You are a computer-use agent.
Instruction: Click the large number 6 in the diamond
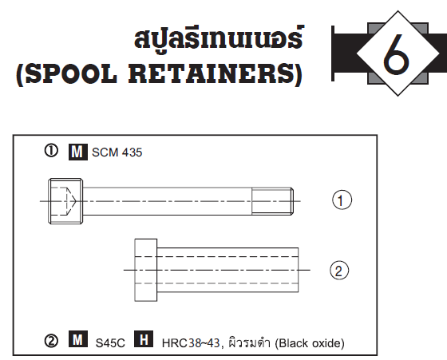click(396, 53)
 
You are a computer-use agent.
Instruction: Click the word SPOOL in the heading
click(71, 73)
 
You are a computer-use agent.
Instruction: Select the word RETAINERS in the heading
click(212, 73)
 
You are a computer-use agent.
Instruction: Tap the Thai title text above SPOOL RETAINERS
click(219, 38)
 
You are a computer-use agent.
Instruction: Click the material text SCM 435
click(117, 152)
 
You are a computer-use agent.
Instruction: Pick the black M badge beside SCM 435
click(78, 152)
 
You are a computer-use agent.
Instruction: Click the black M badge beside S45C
click(78, 339)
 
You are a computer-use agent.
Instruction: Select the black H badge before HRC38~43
click(144, 339)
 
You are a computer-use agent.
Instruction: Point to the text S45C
click(110, 343)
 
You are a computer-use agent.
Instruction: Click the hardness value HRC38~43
click(191, 343)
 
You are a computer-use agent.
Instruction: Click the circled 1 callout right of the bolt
click(342, 200)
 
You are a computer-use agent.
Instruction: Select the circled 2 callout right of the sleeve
click(339, 271)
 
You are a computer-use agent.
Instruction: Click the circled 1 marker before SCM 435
click(51, 151)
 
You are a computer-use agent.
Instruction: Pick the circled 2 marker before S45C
click(51, 341)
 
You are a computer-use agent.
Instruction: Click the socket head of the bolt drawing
click(65, 201)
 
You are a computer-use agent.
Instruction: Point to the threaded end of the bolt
click(272, 201)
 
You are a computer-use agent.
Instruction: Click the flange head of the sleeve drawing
click(145, 270)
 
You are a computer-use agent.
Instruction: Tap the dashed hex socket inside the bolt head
click(63, 201)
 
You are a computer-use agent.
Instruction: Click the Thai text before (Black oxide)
click(248, 342)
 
